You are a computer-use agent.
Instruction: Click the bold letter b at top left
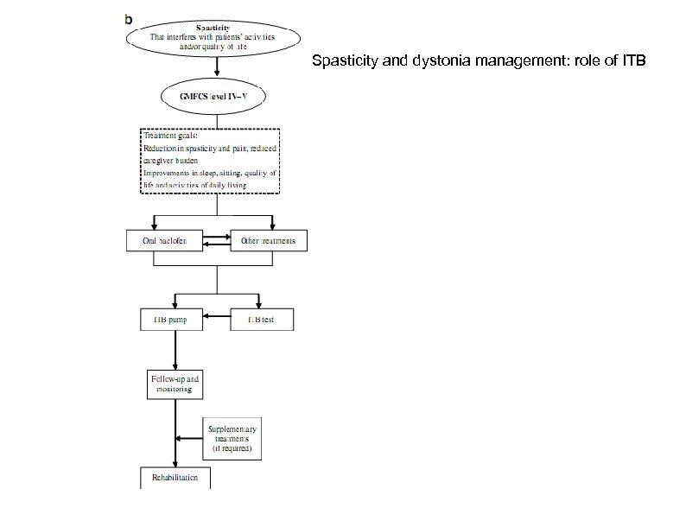130,17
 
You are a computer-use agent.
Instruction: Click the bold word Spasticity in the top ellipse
217,27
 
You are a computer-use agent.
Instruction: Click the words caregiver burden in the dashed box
171,160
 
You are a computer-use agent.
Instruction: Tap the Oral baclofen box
164,240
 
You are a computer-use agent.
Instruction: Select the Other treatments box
268,240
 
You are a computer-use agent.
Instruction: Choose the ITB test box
263,320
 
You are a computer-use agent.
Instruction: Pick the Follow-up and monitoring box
175,384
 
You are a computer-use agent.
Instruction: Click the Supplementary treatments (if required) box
232,440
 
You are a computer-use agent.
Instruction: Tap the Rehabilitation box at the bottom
175,477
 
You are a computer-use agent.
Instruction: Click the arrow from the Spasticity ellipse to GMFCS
217,65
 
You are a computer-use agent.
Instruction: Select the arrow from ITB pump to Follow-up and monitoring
175,350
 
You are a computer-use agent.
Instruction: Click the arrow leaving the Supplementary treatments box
190,440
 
